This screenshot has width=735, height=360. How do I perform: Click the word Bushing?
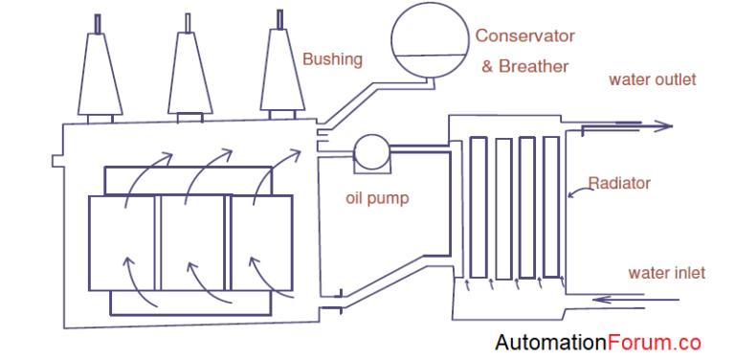[332, 59]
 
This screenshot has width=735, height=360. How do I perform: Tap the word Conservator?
[525, 36]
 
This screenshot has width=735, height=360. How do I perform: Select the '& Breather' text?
[524, 66]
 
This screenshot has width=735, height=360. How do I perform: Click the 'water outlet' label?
[653, 79]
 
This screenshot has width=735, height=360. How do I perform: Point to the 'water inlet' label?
[666, 273]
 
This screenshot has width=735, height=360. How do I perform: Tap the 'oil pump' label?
[376, 199]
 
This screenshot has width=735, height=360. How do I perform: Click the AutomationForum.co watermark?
[597, 342]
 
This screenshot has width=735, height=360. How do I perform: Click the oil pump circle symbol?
[370, 150]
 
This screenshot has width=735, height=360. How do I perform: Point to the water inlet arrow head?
[600, 301]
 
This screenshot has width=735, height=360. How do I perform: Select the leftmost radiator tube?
[479, 206]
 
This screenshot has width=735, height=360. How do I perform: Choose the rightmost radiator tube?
[550, 206]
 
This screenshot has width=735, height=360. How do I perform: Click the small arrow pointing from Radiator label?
[571, 195]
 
